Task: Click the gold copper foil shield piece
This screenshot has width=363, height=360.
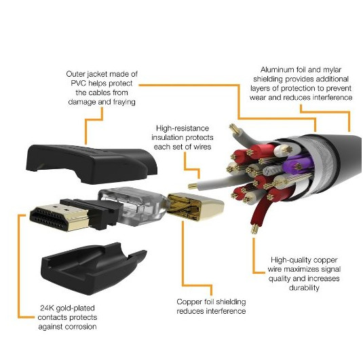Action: tap(197, 211)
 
